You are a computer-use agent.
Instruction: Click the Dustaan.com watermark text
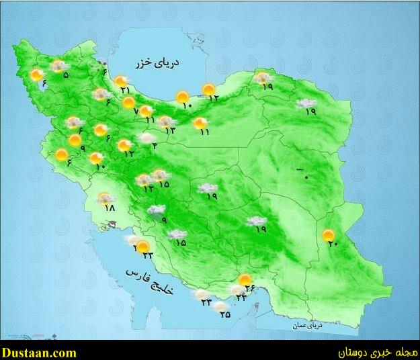pyautogui.click(x=39, y=352)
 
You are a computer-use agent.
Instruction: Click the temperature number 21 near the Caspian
pyautogui.click(x=126, y=91)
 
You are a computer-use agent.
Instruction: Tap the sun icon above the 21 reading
pyautogui.click(x=121, y=81)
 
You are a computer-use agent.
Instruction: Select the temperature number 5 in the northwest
pyautogui.click(x=65, y=75)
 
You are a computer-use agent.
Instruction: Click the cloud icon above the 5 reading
pyautogui.click(x=59, y=66)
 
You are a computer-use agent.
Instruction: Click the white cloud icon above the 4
pyautogui.click(x=146, y=137)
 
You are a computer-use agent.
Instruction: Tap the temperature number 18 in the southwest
pyautogui.click(x=110, y=208)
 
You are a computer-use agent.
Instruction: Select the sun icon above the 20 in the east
pyautogui.click(x=328, y=236)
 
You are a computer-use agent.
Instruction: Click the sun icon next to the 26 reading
pyautogui.click(x=246, y=279)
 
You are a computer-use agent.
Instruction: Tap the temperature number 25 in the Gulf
pyautogui.click(x=224, y=314)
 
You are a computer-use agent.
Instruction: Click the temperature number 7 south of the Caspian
pyautogui.click(x=136, y=111)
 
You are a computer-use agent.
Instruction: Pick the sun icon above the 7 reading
pyautogui.click(x=129, y=102)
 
